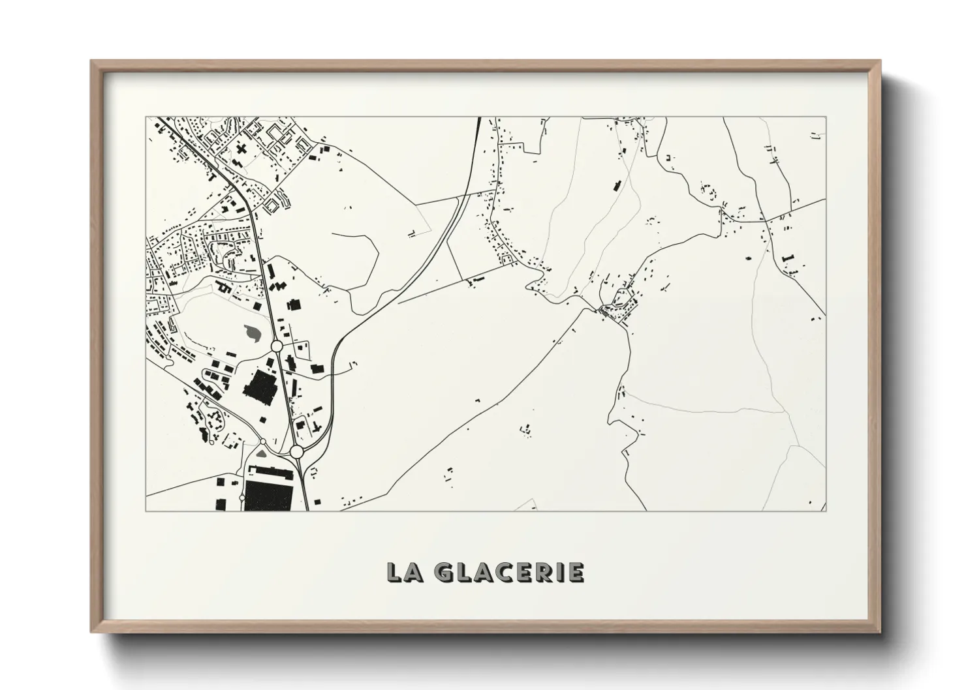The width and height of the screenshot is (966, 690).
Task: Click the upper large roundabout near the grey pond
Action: [276, 345]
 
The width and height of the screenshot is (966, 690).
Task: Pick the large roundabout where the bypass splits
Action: [296, 451]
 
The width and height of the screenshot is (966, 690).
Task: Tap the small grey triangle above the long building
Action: [262, 451]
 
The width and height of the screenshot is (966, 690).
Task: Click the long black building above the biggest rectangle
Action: [273, 470]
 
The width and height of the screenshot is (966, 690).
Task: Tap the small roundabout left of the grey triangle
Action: [263, 442]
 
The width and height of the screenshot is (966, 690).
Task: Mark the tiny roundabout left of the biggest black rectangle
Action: [242, 498]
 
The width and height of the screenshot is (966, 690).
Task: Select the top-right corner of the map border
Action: [826, 117]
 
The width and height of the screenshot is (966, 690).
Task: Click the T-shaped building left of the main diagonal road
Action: [210, 175]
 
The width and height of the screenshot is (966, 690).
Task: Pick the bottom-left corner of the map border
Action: [146, 511]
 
